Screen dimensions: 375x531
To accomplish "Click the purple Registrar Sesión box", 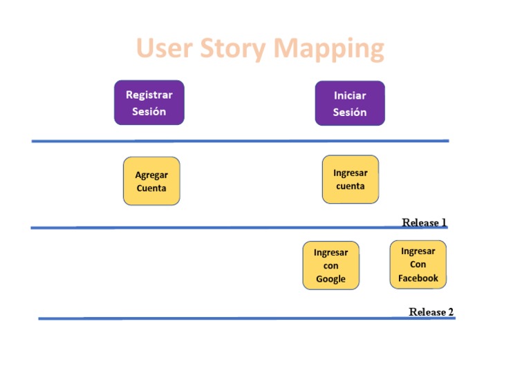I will pyautogui.click(x=149, y=103).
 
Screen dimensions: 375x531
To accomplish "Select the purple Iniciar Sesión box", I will pyautogui.click(x=350, y=104).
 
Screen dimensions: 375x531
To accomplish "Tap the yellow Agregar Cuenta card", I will pyautogui.click(x=151, y=181).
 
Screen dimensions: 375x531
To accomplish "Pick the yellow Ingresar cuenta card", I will pyautogui.click(x=351, y=180).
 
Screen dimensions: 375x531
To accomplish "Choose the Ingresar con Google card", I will pyautogui.click(x=330, y=265).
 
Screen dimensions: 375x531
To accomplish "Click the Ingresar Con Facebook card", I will pyautogui.click(x=418, y=265).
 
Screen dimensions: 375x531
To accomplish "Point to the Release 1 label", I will pyautogui.click(x=424, y=222).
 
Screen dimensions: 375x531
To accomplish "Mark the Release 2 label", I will pyautogui.click(x=431, y=311).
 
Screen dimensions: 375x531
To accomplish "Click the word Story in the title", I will pyautogui.click(x=233, y=48).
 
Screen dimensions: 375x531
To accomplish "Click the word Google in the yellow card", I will pyautogui.click(x=330, y=279).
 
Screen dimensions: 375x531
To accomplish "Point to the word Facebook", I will pyautogui.click(x=418, y=278).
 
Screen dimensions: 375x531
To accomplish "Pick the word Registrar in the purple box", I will pyautogui.click(x=149, y=95).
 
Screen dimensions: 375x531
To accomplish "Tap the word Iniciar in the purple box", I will pyautogui.click(x=350, y=95).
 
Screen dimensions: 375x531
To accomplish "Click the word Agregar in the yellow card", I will pyautogui.click(x=151, y=175).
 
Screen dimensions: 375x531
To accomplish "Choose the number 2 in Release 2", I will pyautogui.click(x=450, y=311).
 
